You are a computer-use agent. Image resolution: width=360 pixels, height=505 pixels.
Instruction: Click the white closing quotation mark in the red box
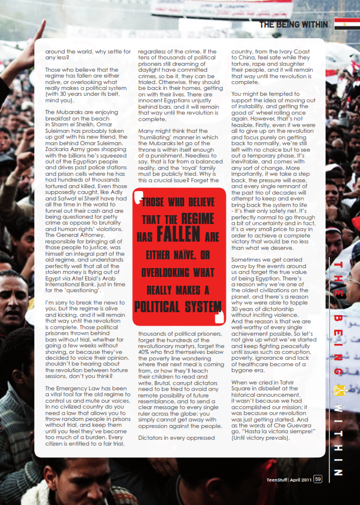pyautogui.click(x=219, y=317)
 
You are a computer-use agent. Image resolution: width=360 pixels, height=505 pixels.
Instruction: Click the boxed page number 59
pyautogui.click(x=318, y=479)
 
